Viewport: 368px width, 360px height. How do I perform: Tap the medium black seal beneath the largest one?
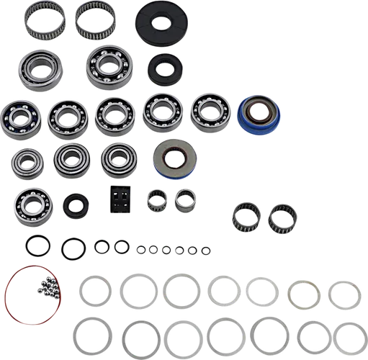click(163, 71)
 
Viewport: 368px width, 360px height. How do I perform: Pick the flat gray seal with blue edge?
click(172, 159)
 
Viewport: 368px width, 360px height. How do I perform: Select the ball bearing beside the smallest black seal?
click(31, 204)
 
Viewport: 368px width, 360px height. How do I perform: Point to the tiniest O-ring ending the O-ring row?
click(205, 250)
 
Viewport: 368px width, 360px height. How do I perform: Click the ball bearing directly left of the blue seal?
click(209, 112)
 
